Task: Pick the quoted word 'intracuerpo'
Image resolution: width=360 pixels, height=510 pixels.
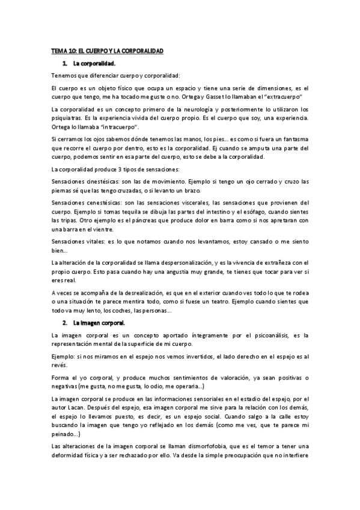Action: click(112, 128)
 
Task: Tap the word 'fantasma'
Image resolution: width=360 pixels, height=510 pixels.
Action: click(292, 140)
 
